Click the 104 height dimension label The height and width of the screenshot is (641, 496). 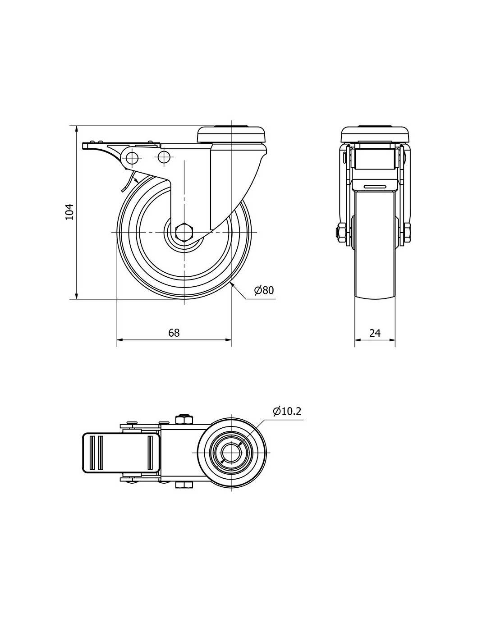click(69, 212)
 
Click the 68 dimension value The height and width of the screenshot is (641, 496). click(174, 333)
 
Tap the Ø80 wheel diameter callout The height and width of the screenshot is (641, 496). click(264, 291)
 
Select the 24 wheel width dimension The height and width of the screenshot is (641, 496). click(375, 333)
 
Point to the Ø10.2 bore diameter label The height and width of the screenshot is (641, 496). click(287, 411)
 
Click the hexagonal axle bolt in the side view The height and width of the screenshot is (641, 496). click(184, 233)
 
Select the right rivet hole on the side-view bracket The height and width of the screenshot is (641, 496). click(164, 156)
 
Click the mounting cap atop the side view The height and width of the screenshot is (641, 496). click(232, 135)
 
